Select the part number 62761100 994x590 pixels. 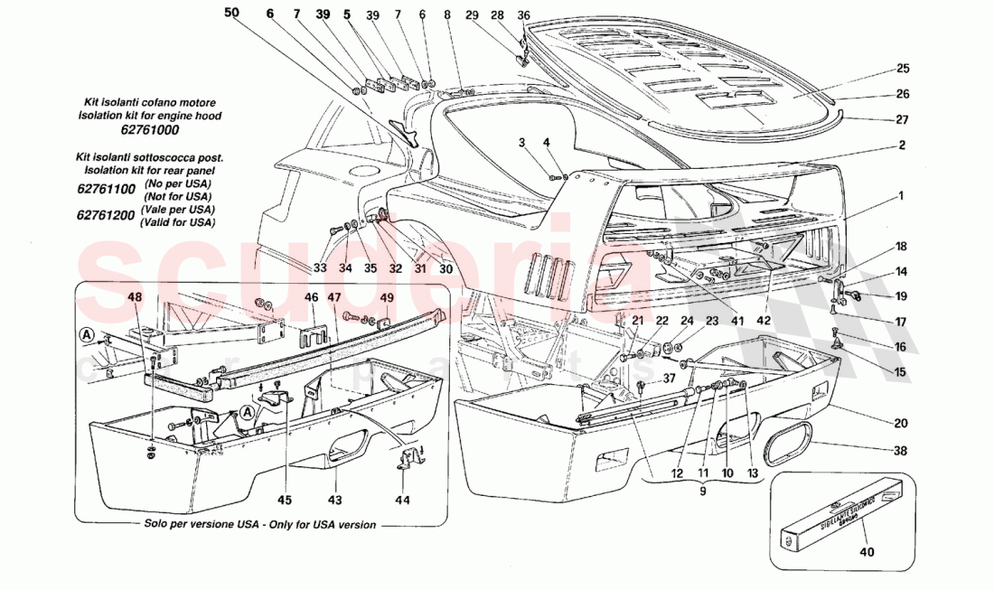[107, 189]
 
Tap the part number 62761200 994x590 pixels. [107, 217]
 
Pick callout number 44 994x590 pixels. [401, 500]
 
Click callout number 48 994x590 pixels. [135, 295]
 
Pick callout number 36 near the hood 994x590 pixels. [523, 14]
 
